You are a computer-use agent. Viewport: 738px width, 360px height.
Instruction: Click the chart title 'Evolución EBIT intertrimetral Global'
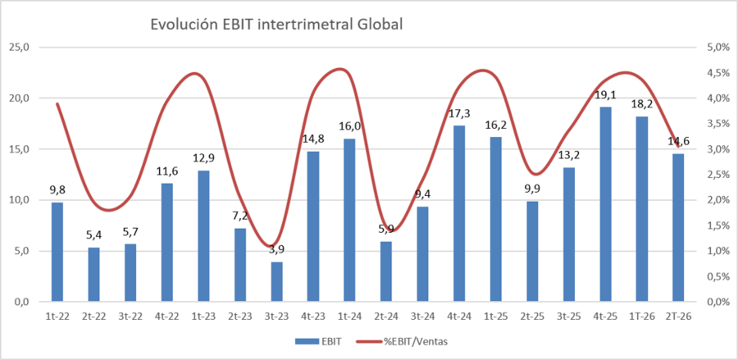pyautogui.click(x=276, y=25)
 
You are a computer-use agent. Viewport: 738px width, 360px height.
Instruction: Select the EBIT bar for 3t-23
pyautogui.click(x=276, y=281)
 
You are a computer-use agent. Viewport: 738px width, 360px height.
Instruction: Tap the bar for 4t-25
pyautogui.click(x=605, y=204)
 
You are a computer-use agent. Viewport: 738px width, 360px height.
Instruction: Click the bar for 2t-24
pyautogui.click(x=386, y=271)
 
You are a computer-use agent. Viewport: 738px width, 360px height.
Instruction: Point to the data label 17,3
pyautogui.click(x=459, y=113)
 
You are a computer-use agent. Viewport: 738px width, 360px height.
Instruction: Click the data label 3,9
pyautogui.click(x=276, y=249)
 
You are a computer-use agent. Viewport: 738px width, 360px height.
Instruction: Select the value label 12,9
pyautogui.click(x=203, y=158)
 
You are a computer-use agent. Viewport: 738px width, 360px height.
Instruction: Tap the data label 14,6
pyautogui.click(x=678, y=141)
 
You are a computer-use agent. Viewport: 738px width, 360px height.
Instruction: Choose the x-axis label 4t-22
pyautogui.click(x=167, y=317)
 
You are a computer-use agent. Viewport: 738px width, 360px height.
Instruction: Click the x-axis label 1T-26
pyautogui.click(x=641, y=317)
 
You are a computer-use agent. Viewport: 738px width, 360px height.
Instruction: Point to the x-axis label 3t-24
pyautogui.click(x=422, y=317)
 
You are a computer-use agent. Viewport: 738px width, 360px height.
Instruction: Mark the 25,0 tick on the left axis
pyautogui.click(x=23, y=48)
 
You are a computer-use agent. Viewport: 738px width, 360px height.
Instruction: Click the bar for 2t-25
pyautogui.click(x=532, y=251)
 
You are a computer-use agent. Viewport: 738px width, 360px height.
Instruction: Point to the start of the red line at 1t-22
pyautogui.click(x=57, y=103)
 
